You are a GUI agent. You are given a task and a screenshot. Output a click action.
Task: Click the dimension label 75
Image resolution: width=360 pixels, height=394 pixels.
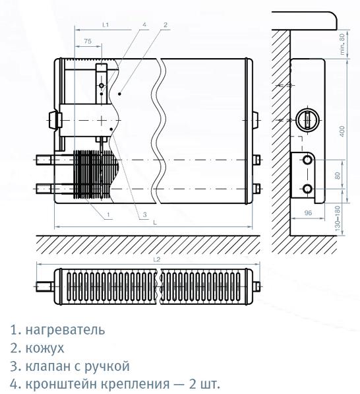(x=88, y=41)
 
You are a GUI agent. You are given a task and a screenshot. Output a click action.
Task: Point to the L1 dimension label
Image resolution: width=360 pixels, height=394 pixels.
(x=105, y=24)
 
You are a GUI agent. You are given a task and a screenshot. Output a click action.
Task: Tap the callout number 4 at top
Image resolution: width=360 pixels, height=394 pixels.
(x=144, y=24)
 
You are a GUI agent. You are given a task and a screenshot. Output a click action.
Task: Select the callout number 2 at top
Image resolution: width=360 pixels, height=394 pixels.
(x=165, y=24)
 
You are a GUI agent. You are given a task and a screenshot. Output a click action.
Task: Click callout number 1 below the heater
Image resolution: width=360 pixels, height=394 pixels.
(x=108, y=214)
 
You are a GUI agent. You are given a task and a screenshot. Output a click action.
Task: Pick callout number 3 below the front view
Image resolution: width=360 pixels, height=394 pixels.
(x=144, y=214)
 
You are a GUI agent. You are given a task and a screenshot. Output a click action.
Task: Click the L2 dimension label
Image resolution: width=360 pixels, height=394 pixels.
(x=156, y=259)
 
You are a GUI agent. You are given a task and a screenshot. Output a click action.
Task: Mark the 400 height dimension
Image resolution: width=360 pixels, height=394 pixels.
(x=342, y=131)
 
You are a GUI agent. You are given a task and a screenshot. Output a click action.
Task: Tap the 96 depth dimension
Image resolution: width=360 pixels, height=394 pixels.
(x=308, y=213)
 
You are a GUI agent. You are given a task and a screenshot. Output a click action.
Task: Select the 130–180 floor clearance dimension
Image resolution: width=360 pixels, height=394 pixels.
(x=338, y=218)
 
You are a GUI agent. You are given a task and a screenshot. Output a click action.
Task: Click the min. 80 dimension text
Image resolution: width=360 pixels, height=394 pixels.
(x=342, y=44)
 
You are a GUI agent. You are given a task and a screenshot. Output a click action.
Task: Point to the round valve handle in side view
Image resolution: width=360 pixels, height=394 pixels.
(x=307, y=119)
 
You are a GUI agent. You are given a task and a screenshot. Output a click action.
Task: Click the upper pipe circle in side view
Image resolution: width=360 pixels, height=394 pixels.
(x=307, y=160)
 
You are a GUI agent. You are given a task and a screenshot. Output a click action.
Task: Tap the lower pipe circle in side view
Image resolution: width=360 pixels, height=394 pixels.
(x=307, y=189)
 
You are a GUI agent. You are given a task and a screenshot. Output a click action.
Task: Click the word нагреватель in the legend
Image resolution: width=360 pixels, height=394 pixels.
(x=65, y=330)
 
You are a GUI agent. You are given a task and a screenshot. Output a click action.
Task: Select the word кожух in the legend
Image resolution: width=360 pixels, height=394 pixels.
(x=45, y=348)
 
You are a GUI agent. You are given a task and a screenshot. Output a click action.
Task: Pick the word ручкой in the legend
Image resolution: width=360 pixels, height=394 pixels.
(x=106, y=366)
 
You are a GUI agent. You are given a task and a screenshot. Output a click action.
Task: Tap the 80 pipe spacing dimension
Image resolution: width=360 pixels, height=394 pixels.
(x=338, y=175)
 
